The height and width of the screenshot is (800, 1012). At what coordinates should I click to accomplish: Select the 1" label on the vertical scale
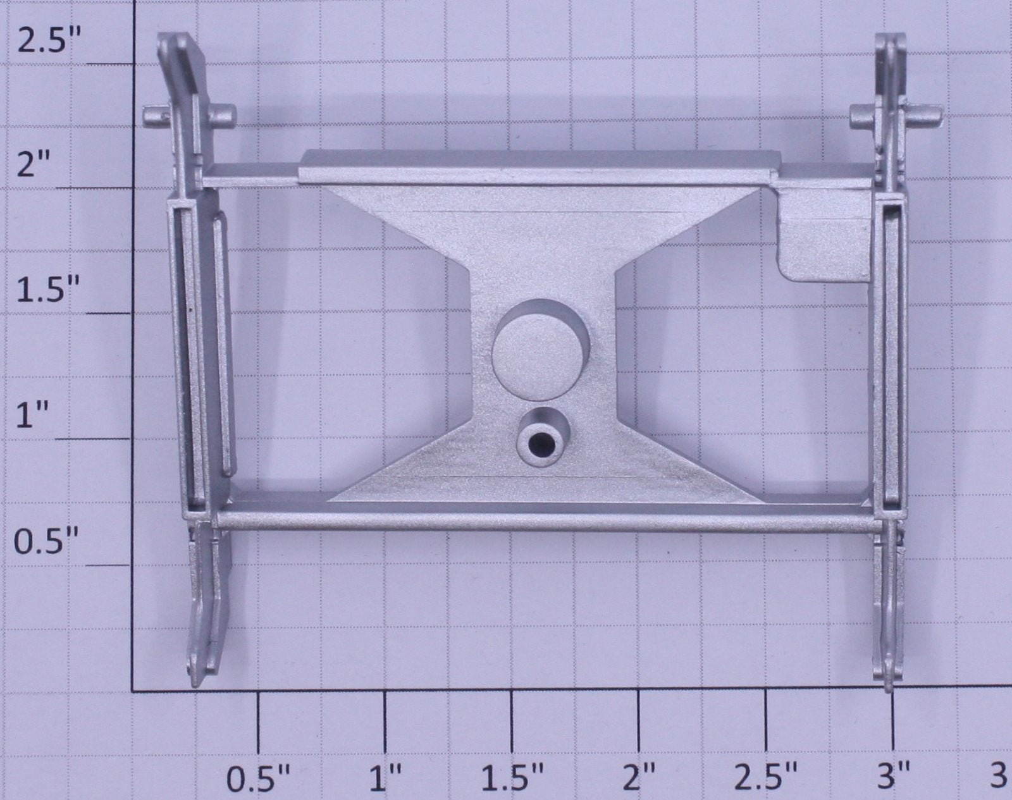pos(33,415)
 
